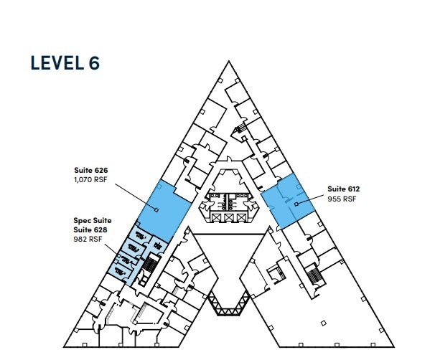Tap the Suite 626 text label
pyautogui.click(x=90, y=170)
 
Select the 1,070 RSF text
pyautogui.click(x=90, y=179)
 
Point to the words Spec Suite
pyautogui.click(x=91, y=220)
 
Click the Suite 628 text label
pyautogui.click(x=90, y=229)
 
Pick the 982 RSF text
pyautogui.click(x=88, y=239)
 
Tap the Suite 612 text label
pyautogui.click(x=343, y=189)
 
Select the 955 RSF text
pyautogui.click(x=342, y=198)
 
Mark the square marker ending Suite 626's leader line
pyautogui.click(x=156, y=209)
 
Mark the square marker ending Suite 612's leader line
pyautogui.click(x=295, y=205)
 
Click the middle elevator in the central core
pyautogui.click(x=228, y=217)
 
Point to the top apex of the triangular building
pyautogui.click(x=228, y=62)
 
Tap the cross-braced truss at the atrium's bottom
pyautogui.click(x=228, y=311)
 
